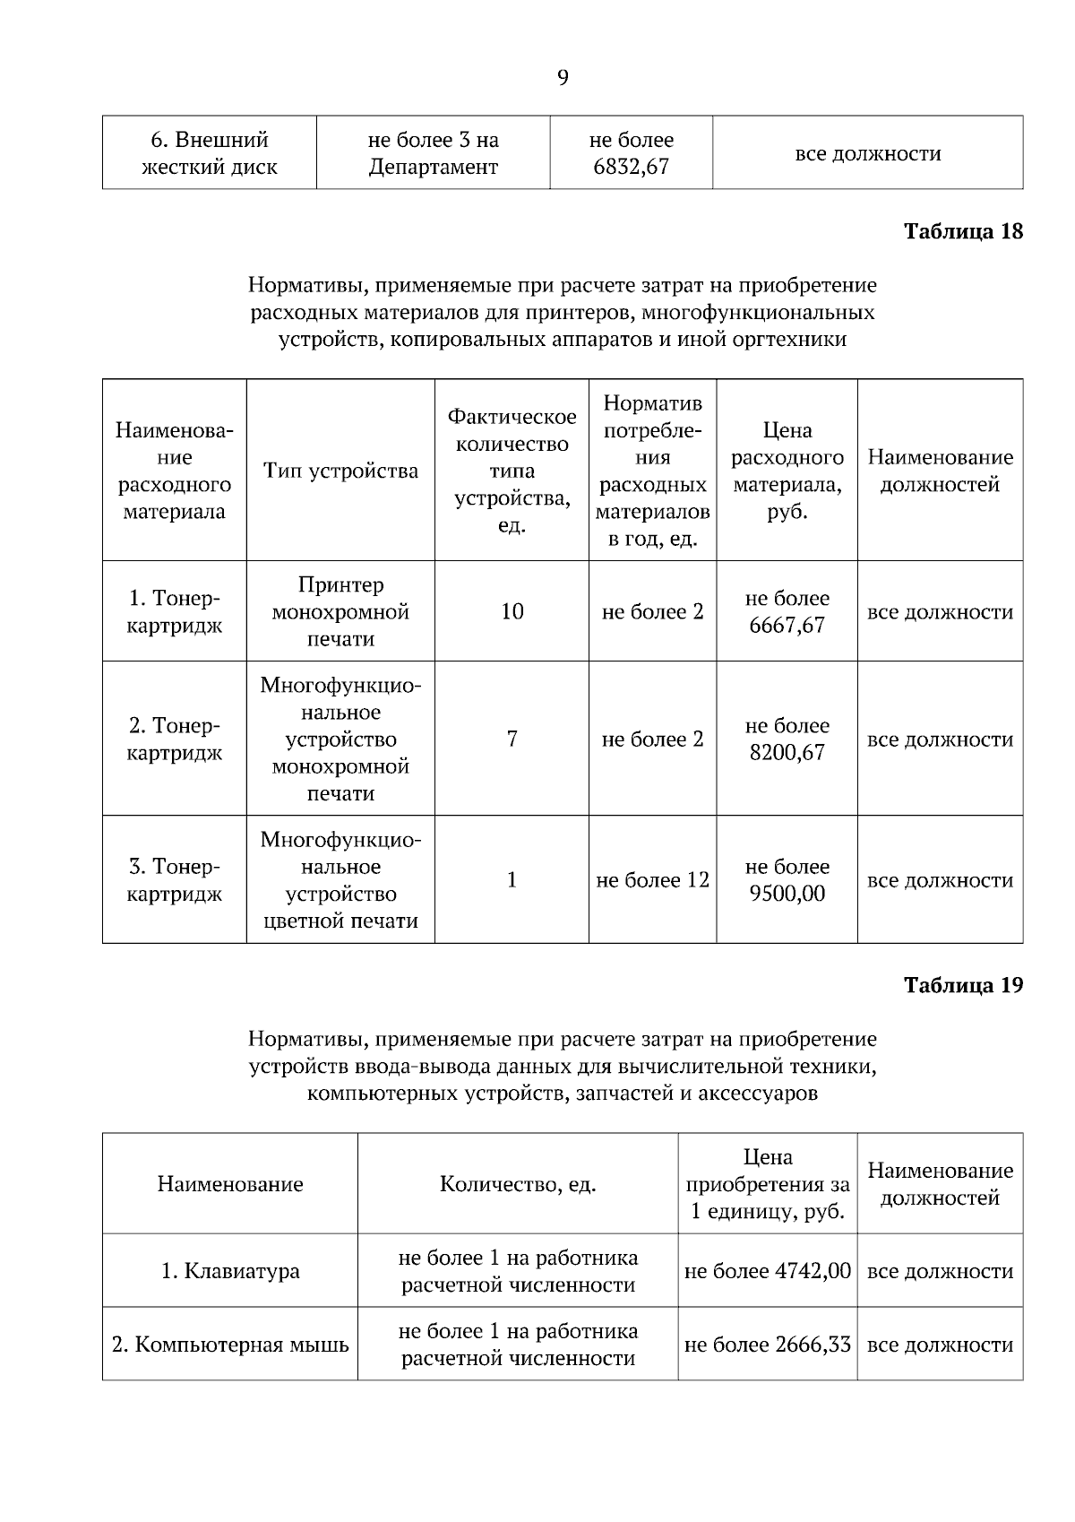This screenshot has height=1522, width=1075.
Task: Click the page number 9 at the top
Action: pos(563,78)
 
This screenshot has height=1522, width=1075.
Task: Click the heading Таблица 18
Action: pos(963,231)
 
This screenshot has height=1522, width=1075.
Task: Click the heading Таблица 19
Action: pos(963,985)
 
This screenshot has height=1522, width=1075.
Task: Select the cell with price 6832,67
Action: pos(631,153)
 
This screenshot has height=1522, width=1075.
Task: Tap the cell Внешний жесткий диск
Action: pos(209,153)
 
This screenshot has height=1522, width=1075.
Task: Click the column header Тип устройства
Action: pos(340,471)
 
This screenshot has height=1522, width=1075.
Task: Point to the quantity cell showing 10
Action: pos(512,611)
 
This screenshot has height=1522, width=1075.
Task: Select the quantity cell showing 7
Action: pos(512,739)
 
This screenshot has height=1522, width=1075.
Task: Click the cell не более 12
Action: pos(652,880)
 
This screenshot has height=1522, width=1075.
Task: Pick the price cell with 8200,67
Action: pos(787,739)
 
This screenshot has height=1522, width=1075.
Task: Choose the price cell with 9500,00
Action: pos(787,880)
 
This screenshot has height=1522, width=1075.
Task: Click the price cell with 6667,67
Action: pos(787,611)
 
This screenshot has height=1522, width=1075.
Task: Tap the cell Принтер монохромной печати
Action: pos(340,611)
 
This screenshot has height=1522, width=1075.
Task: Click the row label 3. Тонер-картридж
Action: pos(174,880)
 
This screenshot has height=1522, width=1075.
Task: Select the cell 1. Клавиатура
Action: pos(230,1271)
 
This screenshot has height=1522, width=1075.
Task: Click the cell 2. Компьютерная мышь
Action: pos(230,1345)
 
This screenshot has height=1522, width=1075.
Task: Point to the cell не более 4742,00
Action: pos(767,1271)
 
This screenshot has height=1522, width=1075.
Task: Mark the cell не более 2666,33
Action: pos(767,1345)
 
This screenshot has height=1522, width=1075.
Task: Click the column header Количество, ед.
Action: pos(518,1184)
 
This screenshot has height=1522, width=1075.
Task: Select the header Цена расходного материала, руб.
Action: pos(787,471)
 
